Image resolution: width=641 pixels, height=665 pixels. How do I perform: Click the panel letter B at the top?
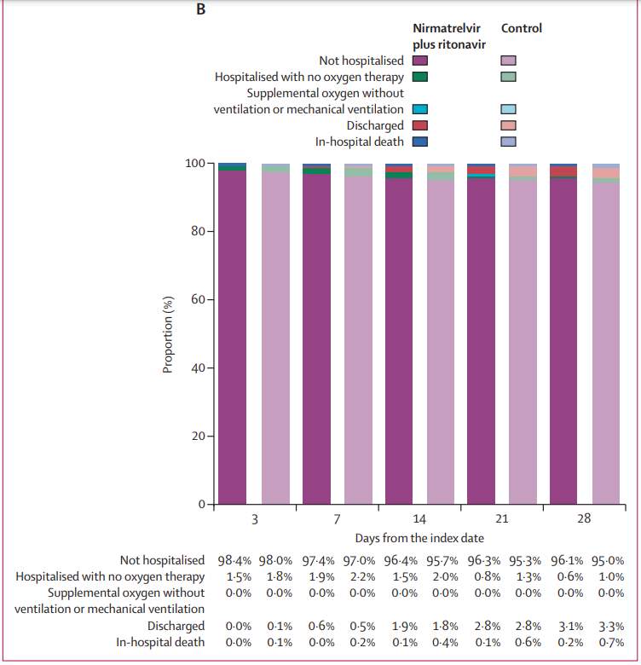(201, 9)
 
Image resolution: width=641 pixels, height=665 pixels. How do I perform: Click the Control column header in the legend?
(522, 28)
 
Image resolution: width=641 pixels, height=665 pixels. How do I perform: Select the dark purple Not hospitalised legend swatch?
(420, 61)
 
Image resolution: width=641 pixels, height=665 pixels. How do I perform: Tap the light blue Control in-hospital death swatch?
(509, 142)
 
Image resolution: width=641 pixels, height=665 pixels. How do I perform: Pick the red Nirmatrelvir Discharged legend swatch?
(420, 125)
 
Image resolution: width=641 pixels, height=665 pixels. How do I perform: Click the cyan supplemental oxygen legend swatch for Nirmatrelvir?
(420, 109)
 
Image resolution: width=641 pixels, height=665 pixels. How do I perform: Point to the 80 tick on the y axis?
(198, 231)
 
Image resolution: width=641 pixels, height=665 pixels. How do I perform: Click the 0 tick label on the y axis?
(202, 504)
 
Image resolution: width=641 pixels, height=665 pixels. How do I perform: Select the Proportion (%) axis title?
(168, 334)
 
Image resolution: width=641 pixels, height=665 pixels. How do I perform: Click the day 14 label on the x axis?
(419, 519)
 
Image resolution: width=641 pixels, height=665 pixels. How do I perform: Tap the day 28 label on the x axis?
(584, 518)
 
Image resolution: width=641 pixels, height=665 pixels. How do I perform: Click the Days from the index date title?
(419, 538)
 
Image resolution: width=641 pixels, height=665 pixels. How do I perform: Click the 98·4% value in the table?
(234, 561)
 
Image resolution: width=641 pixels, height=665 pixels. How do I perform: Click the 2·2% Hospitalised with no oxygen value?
(362, 577)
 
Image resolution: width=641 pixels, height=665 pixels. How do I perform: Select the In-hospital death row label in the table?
(160, 643)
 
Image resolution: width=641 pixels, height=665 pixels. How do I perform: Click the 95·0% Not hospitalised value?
(608, 561)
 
